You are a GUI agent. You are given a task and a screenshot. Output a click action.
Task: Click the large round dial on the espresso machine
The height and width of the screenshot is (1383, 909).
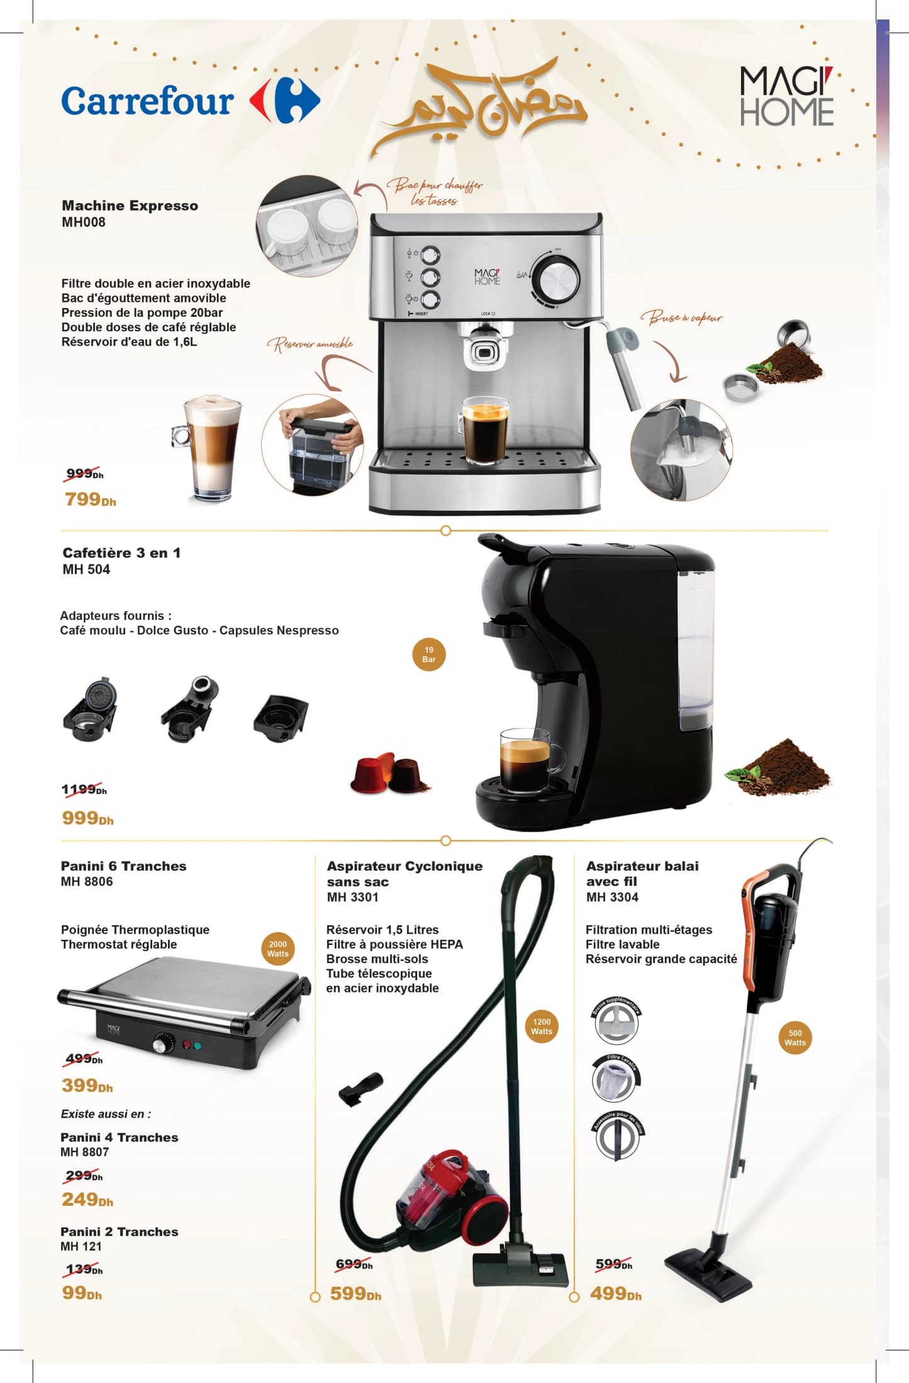pyautogui.click(x=555, y=278)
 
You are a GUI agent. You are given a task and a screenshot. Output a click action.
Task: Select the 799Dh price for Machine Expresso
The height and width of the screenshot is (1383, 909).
pyautogui.click(x=91, y=499)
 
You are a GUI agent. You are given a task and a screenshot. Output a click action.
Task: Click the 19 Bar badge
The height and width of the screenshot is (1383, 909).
pyautogui.click(x=428, y=654)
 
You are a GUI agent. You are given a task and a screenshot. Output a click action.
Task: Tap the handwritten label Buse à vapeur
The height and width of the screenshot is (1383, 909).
pyautogui.click(x=682, y=317)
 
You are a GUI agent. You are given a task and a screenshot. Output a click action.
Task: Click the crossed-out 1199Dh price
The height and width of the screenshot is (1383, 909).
pyautogui.click(x=84, y=790)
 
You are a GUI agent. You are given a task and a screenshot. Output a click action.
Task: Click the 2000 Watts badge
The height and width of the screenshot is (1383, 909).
pyautogui.click(x=277, y=949)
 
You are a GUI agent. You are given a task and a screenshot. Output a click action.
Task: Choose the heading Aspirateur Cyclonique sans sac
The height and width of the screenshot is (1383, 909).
pyautogui.click(x=404, y=874)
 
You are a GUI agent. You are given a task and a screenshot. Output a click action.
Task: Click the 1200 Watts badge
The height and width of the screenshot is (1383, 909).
pyautogui.click(x=541, y=1026)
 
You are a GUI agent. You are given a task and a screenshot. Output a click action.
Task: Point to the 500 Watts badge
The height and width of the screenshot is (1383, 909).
pyautogui.click(x=795, y=1037)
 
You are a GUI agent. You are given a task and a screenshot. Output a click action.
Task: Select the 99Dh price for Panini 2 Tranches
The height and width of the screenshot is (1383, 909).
pyautogui.click(x=82, y=1292)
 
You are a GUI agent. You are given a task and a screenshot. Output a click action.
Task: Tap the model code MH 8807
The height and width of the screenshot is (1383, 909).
pyautogui.click(x=85, y=1152)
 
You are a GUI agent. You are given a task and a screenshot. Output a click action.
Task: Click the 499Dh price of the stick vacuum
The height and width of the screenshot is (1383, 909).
pyautogui.click(x=615, y=1293)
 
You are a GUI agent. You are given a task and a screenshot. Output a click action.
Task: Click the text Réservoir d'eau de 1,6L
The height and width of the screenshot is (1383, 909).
pyautogui.click(x=129, y=342)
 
